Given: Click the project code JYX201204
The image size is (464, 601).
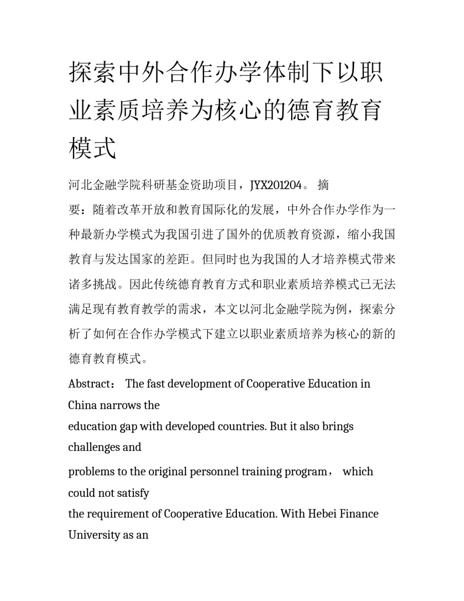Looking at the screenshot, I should (x=275, y=185).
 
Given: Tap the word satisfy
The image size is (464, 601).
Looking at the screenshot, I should (x=132, y=493).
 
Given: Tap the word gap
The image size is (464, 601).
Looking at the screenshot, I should (x=128, y=426).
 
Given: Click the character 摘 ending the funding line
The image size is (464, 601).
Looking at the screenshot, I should (x=323, y=185).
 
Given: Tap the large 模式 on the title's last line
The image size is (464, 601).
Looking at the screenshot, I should (x=93, y=147).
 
